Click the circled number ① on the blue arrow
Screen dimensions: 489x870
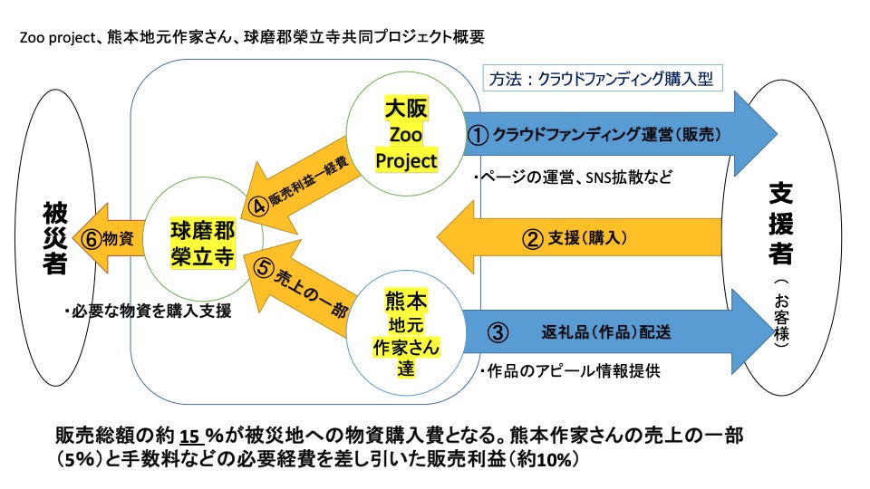point(478,135)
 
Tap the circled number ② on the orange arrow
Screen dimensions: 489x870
point(533,238)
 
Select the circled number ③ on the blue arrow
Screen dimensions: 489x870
point(498,331)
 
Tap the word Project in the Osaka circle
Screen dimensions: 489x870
point(406,160)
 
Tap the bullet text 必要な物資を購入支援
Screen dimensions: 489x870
point(148,312)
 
